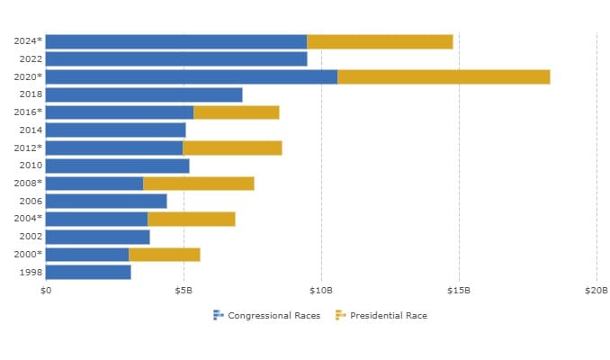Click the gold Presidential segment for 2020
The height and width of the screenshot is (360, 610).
(x=443, y=76)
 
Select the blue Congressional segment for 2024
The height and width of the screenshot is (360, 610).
(x=175, y=41)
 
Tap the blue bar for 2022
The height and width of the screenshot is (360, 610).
(x=175, y=58)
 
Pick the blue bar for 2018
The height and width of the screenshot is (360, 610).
(x=143, y=94)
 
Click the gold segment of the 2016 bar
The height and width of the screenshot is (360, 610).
(x=236, y=112)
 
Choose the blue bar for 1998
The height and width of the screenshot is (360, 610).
(x=87, y=272)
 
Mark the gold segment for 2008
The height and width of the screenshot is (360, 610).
(x=198, y=184)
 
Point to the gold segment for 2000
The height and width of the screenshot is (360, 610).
(x=164, y=255)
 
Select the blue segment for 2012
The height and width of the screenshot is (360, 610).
(x=113, y=148)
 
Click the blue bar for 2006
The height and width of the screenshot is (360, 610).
(x=105, y=201)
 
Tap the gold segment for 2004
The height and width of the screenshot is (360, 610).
(x=191, y=219)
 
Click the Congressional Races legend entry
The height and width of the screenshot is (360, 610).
(x=266, y=315)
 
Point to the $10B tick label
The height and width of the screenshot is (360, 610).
(x=321, y=291)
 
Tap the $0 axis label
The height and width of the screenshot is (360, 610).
(x=46, y=291)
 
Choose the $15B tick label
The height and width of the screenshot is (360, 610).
(x=459, y=291)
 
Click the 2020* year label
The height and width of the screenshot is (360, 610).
(x=28, y=76)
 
